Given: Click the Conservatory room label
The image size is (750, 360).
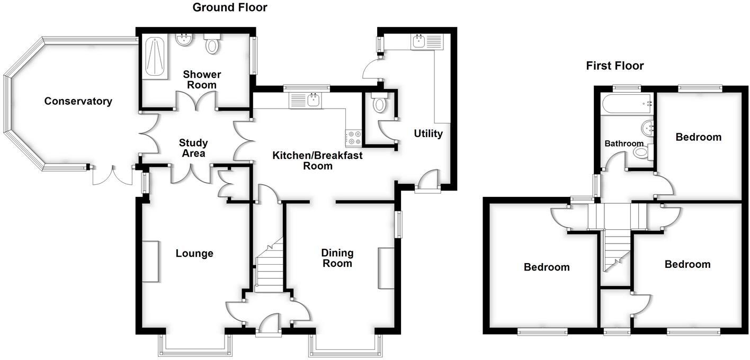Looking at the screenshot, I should [x=78, y=101].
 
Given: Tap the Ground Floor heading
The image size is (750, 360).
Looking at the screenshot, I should [x=229, y=7].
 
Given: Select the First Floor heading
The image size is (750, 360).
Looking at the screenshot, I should [x=614, y=66].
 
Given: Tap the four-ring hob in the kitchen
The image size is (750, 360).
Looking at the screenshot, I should [x=353, y=138].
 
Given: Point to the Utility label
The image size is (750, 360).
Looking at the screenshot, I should [x=428, y=133].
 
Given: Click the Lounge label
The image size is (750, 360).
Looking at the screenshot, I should [x=194, y=254].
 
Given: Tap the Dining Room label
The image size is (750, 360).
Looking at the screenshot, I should [x=337, y=258].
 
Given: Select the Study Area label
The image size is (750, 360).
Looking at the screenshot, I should [x=193, y=148].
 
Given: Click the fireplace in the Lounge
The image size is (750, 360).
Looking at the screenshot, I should [x=149, y=262].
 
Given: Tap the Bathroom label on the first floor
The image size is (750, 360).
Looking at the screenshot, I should [x=624, y=143].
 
